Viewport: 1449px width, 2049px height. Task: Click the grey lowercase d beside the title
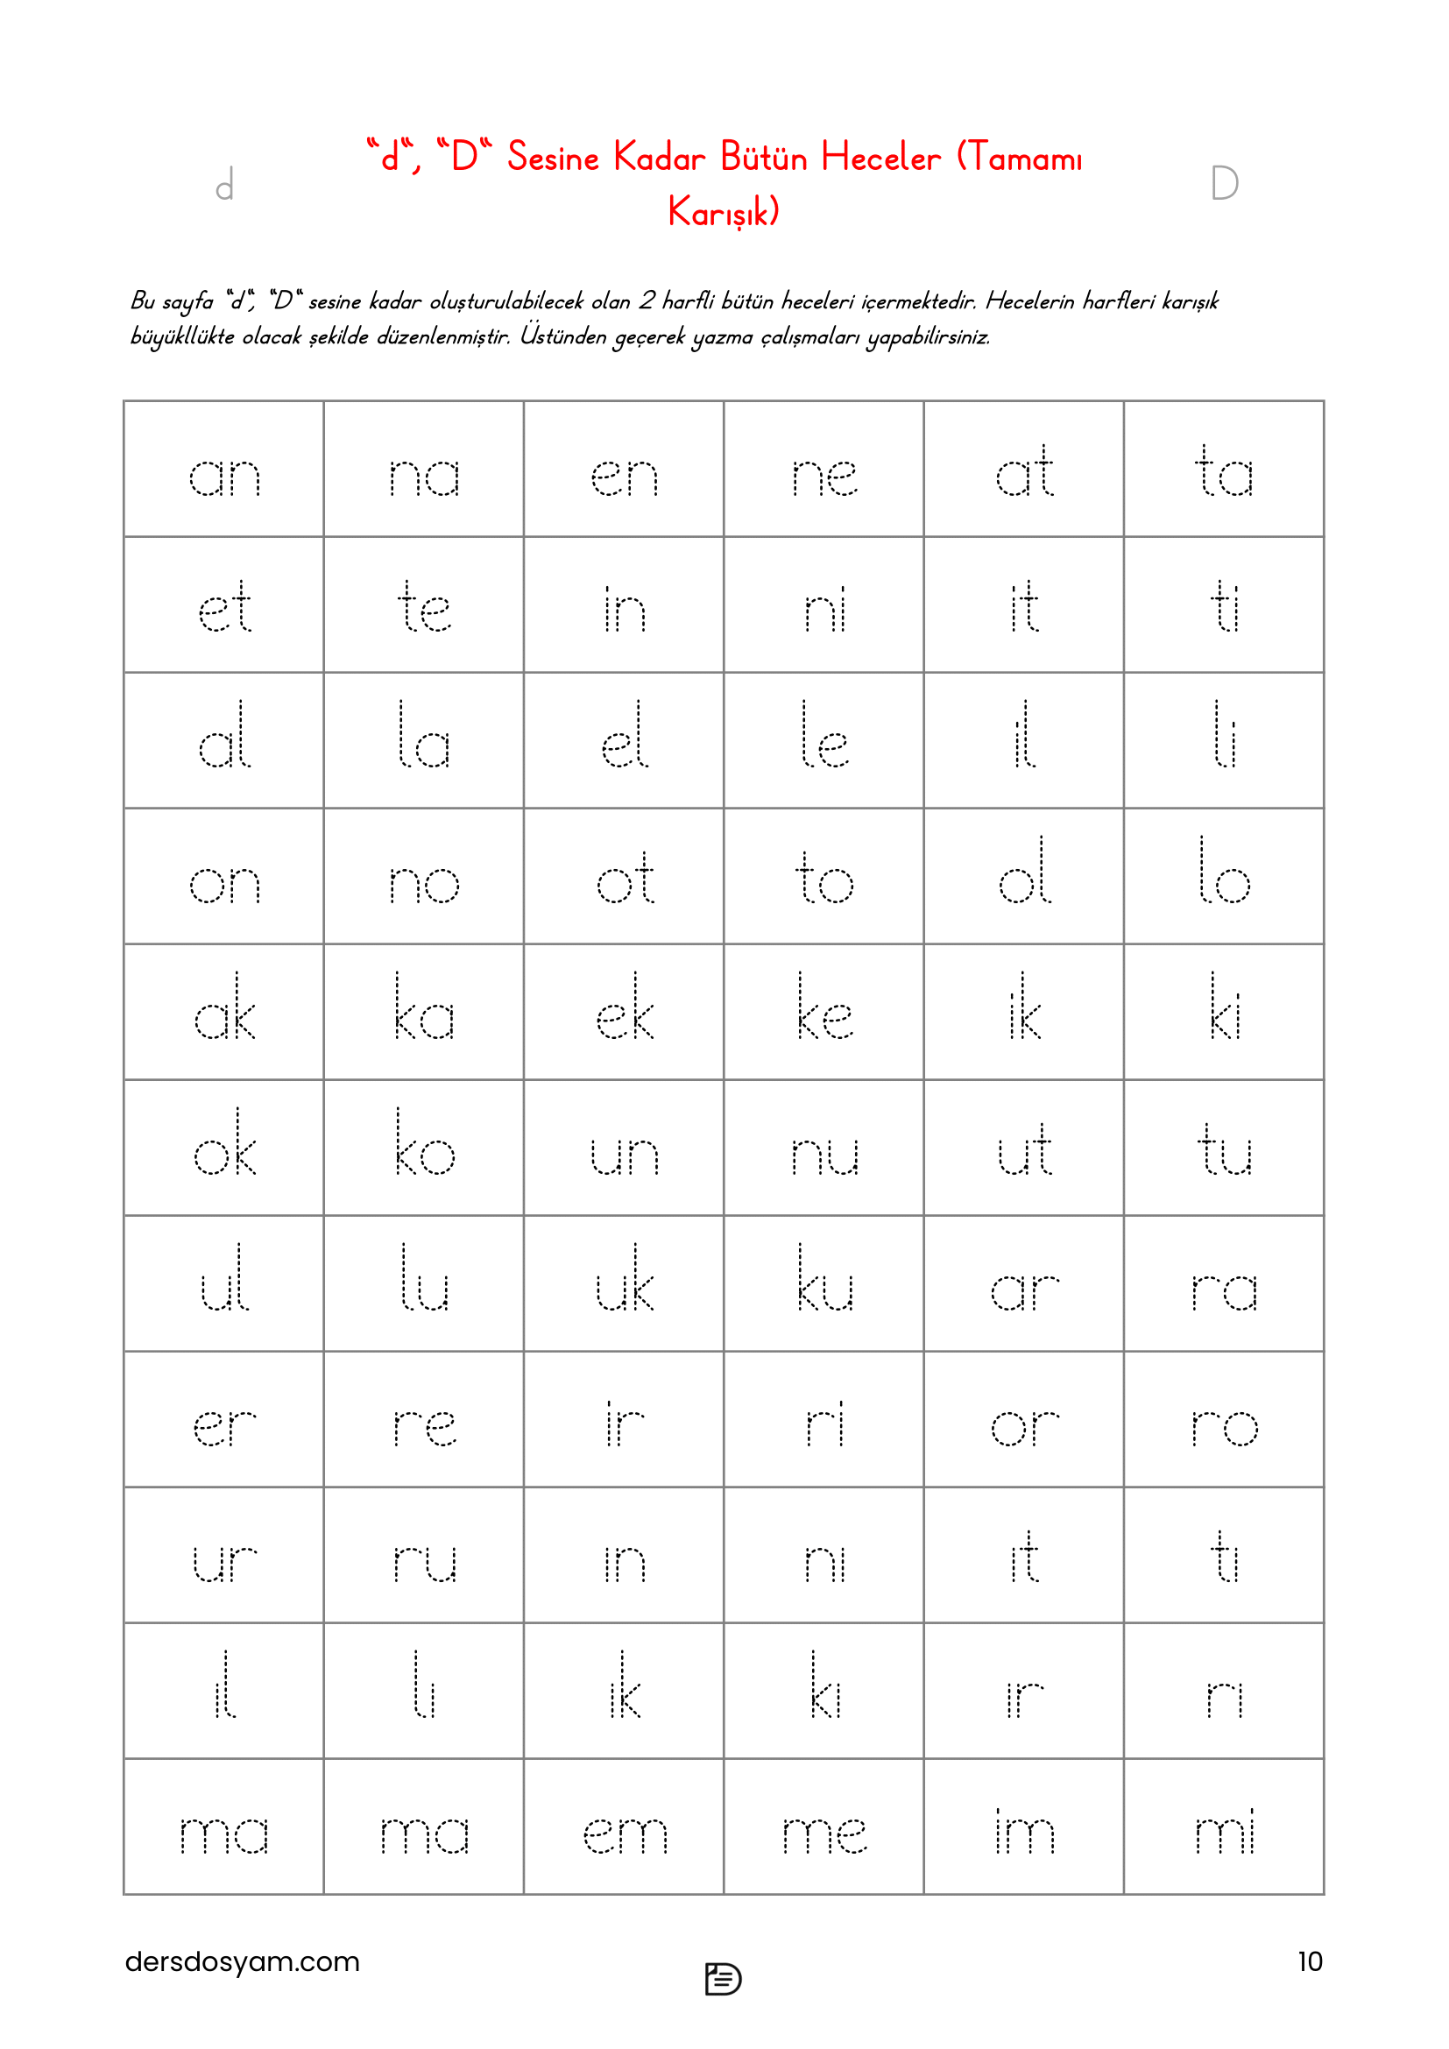tap(225, 185)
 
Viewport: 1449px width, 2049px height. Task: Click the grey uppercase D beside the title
tap(1224, 184)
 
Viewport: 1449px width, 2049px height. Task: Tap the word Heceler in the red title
tap(880, 158)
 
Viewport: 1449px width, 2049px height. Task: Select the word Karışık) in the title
tap(724, 212)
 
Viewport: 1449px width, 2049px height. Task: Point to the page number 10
tap(1309, 1961)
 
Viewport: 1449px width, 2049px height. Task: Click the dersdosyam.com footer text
tap(242, 1961)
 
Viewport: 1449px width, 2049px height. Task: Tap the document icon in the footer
tap(723, 1978)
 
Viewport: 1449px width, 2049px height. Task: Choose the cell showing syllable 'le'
tap(823, 742)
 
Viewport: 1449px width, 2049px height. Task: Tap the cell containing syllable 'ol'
tap(1023, 876)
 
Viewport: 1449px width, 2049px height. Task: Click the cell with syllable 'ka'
tap(424, 1013)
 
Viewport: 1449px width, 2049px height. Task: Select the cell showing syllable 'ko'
tap(424, 1148)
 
